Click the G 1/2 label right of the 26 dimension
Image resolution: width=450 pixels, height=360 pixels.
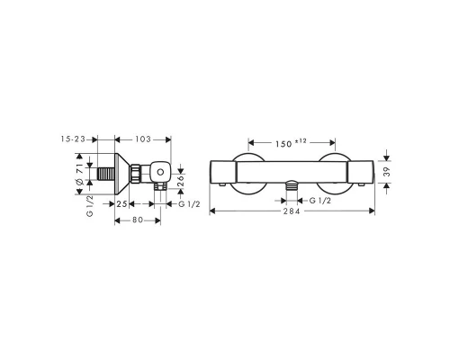click(190, 205)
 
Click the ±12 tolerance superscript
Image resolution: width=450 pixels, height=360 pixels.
click(301, 139)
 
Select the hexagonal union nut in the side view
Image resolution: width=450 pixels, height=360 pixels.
click(134, 173)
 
